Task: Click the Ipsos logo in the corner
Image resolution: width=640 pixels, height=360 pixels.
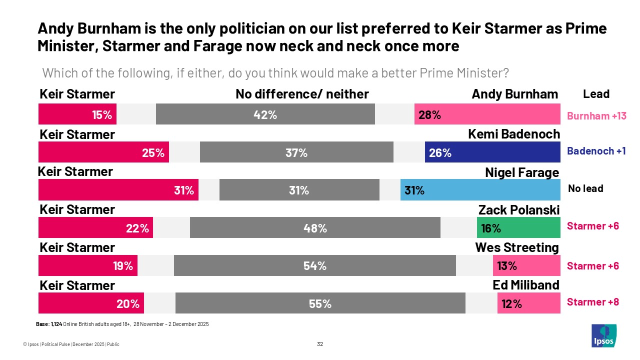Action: point(603,335)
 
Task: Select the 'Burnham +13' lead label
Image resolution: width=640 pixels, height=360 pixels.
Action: point(596,116)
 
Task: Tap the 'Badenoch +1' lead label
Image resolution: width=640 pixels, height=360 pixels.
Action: point(596,151)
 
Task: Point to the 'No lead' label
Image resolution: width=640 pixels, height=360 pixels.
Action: point(585,188)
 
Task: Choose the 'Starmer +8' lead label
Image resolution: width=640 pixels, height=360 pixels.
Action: point(592,302)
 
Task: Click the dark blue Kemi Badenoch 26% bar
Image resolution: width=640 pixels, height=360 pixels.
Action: point(492,152)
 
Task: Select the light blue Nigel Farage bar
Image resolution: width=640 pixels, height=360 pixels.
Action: point(480,190)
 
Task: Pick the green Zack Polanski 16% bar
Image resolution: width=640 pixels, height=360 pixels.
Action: point(518,228)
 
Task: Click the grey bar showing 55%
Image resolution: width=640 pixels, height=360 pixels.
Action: point(320,303)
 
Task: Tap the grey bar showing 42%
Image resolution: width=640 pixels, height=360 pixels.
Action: point(265,114)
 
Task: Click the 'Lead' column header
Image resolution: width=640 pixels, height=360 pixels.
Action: point(596,94)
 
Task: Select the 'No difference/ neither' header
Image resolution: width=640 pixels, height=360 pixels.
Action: point(302,94)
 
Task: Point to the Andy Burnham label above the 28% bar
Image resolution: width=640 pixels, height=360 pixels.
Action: point(514,94)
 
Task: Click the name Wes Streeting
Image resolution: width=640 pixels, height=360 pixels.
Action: point(516,247)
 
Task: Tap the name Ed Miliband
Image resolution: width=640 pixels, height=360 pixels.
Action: point(525,285)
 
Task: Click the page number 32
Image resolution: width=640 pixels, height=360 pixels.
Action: point(320,344)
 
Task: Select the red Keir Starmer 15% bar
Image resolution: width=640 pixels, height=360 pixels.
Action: point(77,114)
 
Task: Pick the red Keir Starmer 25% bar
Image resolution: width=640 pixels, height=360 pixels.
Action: point(103,152)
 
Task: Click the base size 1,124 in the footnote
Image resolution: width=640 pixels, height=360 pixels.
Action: point(56,324)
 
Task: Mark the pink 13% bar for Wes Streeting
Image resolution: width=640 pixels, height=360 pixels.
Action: point(526,266)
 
